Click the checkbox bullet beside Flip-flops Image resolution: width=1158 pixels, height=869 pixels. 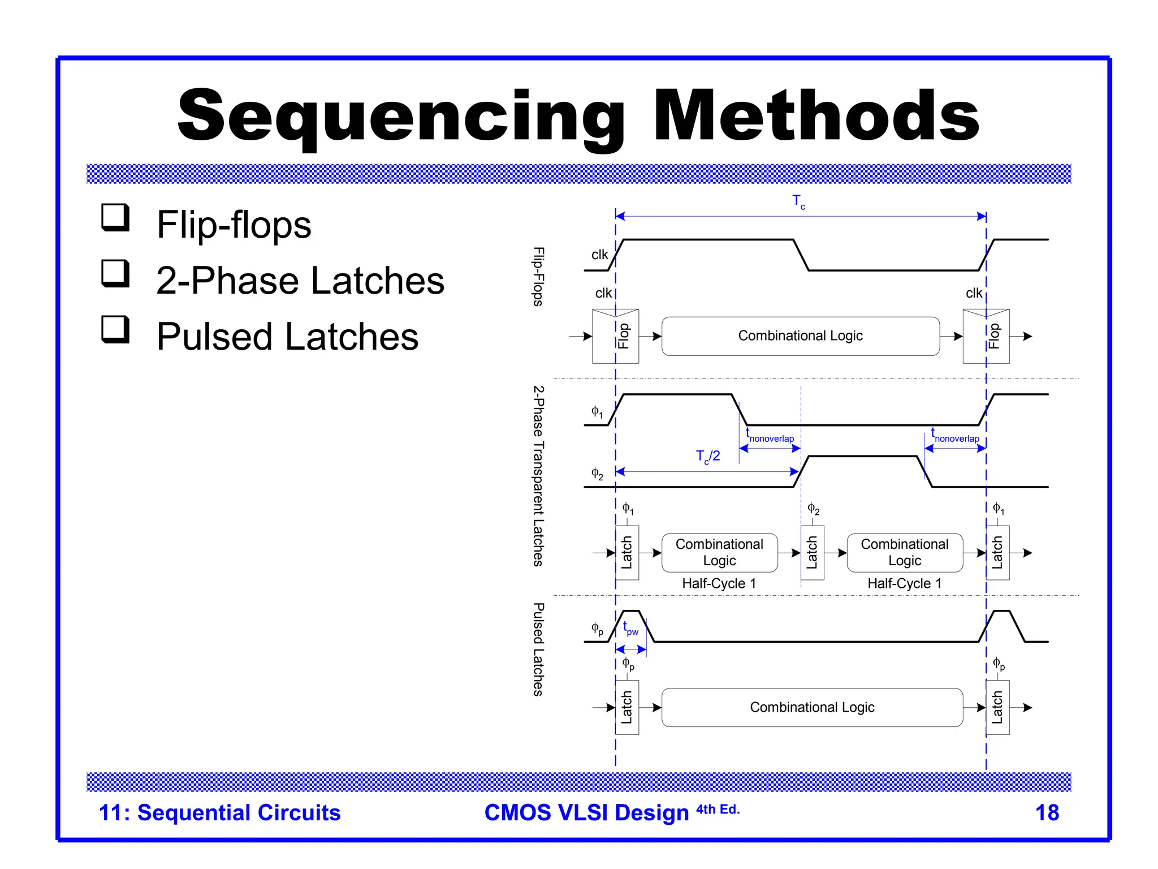click(x=115, y=217)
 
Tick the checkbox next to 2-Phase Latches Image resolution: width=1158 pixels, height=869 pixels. click(x=115, y=273)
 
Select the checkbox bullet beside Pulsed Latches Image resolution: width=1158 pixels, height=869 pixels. click(x=115, y=329)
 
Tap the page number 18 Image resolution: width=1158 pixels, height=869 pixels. click(x=1047, y=812)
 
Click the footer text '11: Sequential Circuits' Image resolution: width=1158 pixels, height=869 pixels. click(x=219, y=812)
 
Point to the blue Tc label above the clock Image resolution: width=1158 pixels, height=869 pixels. click(x=798, y=201)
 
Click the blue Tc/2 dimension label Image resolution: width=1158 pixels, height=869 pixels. click(x=707, y=457)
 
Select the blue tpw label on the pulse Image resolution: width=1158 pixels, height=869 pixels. click(x=630, y=629)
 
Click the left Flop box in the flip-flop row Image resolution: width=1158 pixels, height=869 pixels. click(x=615, y=336)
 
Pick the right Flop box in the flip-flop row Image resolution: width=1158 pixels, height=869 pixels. click(x=986, y=336)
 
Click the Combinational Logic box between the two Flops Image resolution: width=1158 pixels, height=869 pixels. click(x=800, y=336)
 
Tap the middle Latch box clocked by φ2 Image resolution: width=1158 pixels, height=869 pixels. click(x=812, y=553)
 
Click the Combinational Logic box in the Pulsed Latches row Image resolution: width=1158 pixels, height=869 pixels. click(x=812, y=707)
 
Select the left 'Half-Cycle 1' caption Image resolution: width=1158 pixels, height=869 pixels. click(x=719, y=583)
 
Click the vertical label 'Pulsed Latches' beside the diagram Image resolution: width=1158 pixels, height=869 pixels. click(x=538, y=649)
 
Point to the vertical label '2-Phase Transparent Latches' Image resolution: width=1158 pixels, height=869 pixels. click(x=538, y=476)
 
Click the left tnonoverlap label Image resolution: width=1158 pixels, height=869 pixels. click(x=770, y=437)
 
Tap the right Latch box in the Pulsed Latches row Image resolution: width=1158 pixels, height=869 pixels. click(x=997, y=707)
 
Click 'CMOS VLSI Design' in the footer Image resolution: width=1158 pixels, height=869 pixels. click(x=587, y=812)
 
